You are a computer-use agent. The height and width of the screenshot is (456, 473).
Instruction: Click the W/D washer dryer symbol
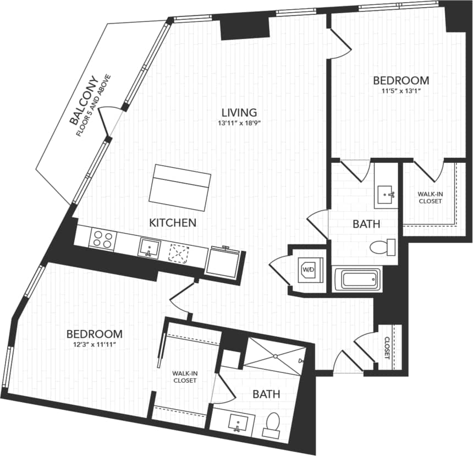(x=307, y=270)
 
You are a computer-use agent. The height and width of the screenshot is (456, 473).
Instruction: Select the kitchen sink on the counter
(x=148, y=248)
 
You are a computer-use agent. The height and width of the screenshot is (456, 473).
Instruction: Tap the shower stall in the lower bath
(x=274, y=356)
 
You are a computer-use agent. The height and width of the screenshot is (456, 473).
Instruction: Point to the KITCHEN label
(x=173, y=223)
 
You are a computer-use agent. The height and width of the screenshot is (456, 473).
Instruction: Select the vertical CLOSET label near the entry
(x=387, y=348)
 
